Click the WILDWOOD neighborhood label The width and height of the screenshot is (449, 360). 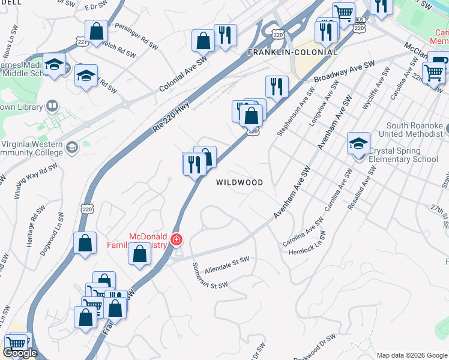(240, 182)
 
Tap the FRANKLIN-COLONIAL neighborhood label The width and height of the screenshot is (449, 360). (293, 53)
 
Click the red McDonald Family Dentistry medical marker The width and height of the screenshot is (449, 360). (176, 240)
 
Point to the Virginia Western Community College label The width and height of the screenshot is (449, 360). (32, 148)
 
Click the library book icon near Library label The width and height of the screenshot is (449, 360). (52, 107)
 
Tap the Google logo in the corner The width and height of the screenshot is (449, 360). (20, 352)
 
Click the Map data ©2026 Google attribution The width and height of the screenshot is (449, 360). (411, 355)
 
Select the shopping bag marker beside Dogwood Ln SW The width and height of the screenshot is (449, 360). (85, 242)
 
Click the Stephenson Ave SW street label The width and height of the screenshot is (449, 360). (295, 112)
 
